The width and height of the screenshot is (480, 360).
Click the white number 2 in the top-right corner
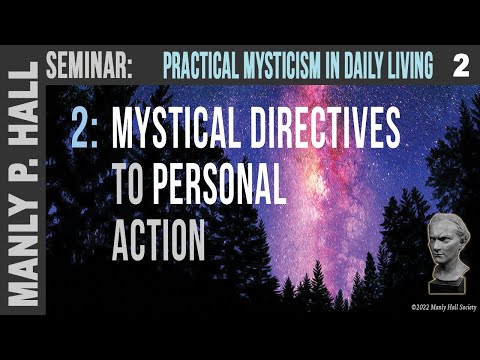click(x=460, y=67)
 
